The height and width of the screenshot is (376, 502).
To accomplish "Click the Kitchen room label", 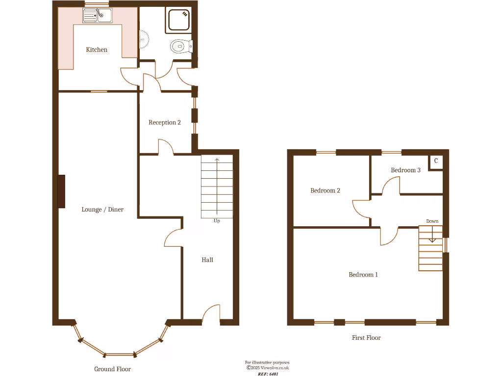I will [x=97, y=49].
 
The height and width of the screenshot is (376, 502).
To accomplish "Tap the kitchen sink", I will [x=97, y=17].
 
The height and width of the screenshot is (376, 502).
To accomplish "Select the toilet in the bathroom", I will [x=181, y=47].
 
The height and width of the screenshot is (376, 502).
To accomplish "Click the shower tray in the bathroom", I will [x=179, y=21].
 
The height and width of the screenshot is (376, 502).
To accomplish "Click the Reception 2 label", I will [x=165, y=122].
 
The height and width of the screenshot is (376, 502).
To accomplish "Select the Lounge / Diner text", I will [x=102, y=210].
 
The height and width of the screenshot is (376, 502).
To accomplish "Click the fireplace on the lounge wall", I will [x=61, y=191].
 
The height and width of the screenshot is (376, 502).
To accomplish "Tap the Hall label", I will [x=207, y=260].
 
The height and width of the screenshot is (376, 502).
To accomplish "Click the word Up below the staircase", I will [x=217, y=221].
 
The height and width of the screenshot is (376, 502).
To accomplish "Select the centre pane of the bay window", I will [x=120, y=354].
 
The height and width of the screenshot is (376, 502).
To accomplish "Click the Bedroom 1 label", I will [x=363, y=275].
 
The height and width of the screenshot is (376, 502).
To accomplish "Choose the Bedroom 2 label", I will [x=325, y=190].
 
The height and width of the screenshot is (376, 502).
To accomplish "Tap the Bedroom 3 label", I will [x=405, y=170].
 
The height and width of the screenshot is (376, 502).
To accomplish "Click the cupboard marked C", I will [x=436, y=161].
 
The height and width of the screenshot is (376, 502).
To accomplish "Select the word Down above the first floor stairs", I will [x=432, y=221].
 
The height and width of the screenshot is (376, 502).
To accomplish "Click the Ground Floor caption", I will [x=113, y=369].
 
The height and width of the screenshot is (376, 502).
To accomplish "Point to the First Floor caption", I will [x=366, y=338].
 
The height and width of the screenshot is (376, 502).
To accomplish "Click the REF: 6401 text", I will [x=268, y=374].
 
